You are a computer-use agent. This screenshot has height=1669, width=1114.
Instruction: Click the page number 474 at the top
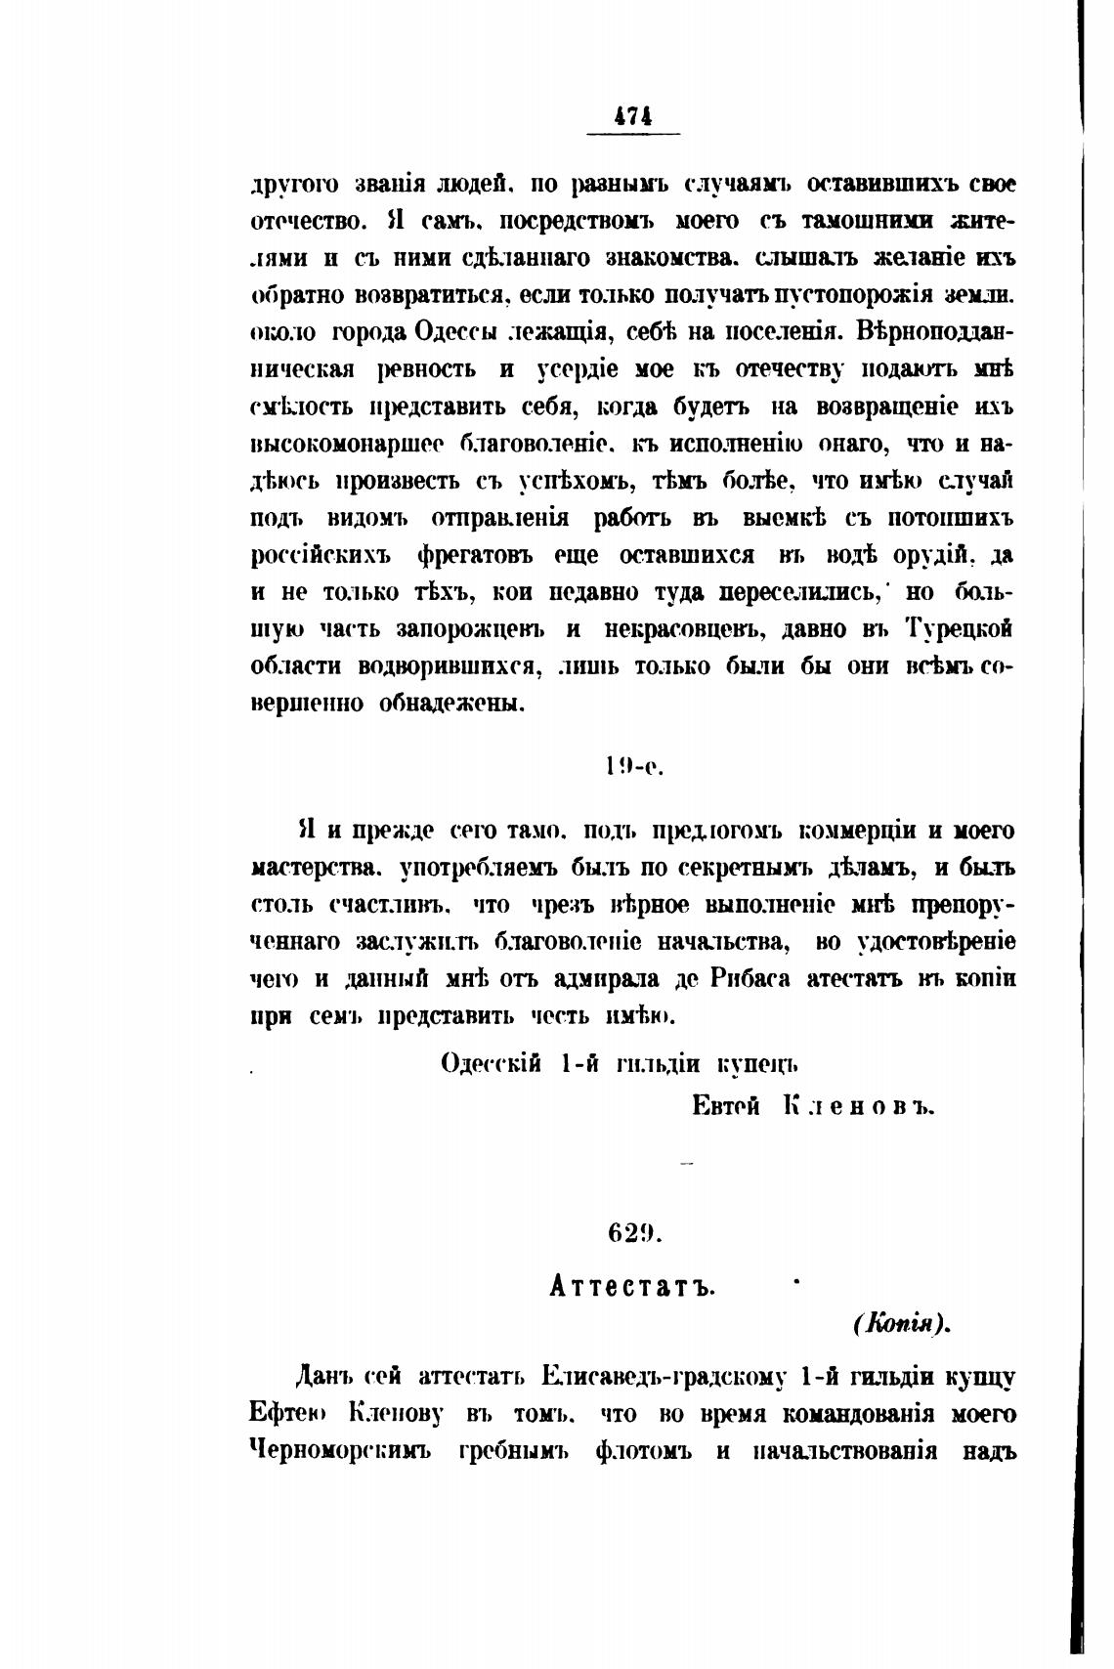point(633,115)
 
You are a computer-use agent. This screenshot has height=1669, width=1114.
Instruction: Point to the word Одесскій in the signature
point(492,1063)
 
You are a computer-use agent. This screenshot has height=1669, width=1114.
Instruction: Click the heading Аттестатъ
point(632,1286)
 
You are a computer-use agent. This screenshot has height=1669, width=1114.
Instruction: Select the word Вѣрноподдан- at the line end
point(935,332)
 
